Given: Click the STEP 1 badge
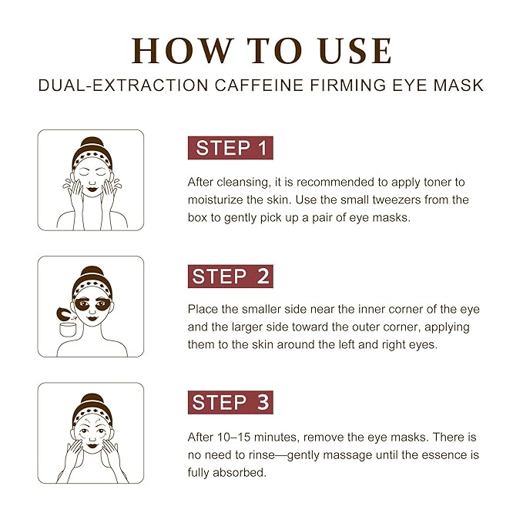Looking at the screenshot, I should (x=230, y=149).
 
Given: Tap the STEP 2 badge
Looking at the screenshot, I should (x=230, y=276).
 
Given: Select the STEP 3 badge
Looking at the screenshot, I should (x=230, y=402).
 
